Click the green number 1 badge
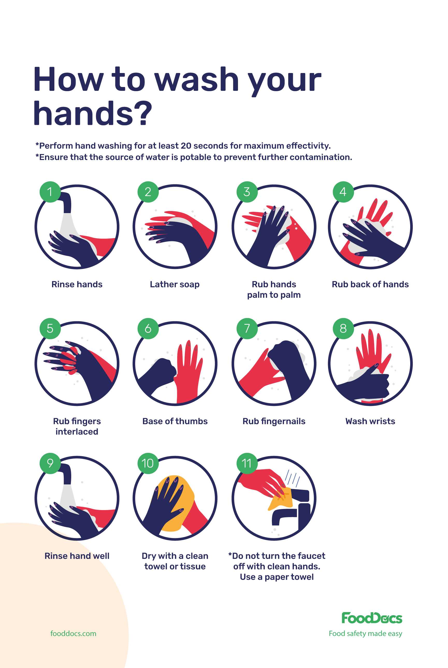[x=50, y=192]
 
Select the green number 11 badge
[x=247, y=463]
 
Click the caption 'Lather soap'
[x=175, y=285]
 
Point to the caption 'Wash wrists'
[x=370, y=421]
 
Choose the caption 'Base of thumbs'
[x=175, y=421]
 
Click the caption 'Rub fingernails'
[x=274, y=422]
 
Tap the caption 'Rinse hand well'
[x=77, y=556]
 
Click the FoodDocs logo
[x=372, y=618]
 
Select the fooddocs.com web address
[x=74, y=634]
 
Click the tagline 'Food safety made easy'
[x=365, y=634]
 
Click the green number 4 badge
[x=343, y=192]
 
